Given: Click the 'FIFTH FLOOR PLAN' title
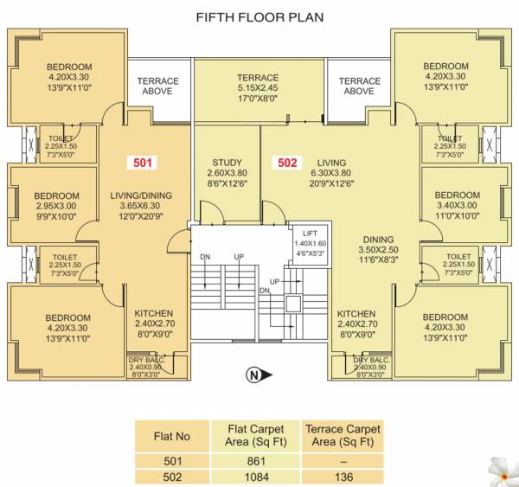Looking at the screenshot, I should pos(259,16).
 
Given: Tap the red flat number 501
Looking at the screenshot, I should pos(143,162).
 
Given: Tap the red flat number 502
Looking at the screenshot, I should pos(287,162).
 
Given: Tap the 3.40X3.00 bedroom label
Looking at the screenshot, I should pos(452,206).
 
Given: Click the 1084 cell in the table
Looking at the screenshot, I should pos(259,476).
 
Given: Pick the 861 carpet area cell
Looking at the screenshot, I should pos(259,458).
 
